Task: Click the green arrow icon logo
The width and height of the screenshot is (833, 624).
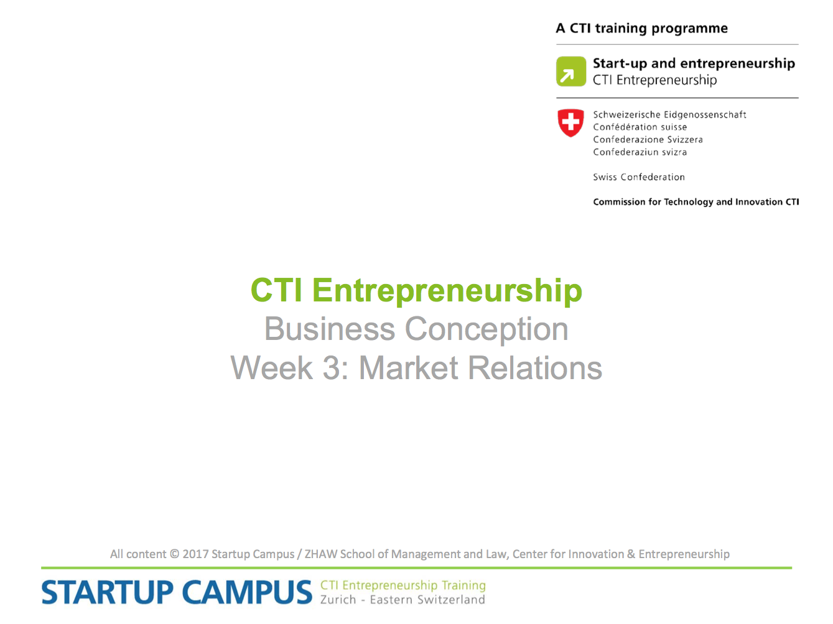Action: pos(570,71)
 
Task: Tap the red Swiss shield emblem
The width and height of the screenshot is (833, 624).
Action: pos(570,123)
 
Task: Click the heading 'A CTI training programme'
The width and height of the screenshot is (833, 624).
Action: pos(642,29)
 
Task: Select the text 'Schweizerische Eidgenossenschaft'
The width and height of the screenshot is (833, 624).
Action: pos(669,114)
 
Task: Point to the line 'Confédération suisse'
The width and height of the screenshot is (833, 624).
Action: pos(640,127)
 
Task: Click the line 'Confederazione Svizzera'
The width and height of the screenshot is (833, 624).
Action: pos(648,139)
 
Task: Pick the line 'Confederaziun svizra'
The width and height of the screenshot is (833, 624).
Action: pos(640,152)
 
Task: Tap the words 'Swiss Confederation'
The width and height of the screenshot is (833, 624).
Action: pos(639,177)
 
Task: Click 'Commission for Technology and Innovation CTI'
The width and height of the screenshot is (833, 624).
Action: pos(696,202)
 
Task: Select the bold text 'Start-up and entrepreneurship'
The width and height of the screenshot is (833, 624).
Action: pos(694,63)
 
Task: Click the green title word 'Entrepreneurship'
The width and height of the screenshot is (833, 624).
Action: pos(447,291)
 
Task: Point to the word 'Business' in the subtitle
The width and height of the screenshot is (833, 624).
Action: pos(329,329)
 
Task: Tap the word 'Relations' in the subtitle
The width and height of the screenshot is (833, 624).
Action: pos(535,368)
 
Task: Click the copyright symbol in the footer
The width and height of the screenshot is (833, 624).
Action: pos(174,554)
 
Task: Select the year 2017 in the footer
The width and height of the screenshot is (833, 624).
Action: pos(195,554)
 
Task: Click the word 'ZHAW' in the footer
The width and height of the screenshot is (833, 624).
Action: pos(320,554)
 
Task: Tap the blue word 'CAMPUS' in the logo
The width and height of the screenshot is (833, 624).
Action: pos(247,592)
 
